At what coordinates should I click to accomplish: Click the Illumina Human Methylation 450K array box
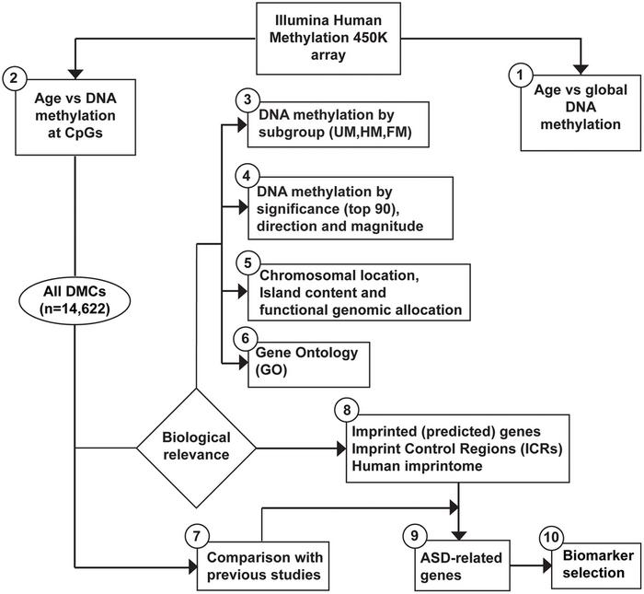click(x=318, y=39)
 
